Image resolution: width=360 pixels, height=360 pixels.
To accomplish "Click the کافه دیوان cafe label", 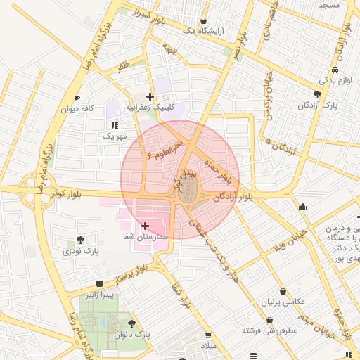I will pyautogui.click(x=77, y=109).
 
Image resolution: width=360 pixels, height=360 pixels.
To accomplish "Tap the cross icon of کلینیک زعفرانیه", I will pyautogui.click(x=150, y=96).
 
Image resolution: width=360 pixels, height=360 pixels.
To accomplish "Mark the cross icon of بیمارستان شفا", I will pyautogui.click(x=145, y=226).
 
